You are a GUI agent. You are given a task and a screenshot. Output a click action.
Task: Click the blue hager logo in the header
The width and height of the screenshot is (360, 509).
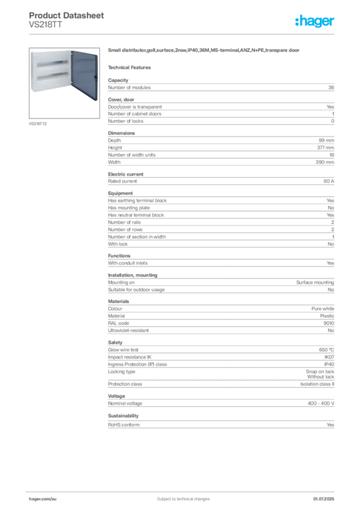315,22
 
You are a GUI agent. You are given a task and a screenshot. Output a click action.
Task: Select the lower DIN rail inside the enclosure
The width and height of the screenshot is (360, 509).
51,75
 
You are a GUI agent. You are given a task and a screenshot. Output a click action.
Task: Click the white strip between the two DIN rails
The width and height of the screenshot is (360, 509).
51,70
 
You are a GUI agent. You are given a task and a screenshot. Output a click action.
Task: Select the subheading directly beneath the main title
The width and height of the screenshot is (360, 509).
132,67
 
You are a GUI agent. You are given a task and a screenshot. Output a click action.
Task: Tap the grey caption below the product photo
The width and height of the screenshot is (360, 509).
38,123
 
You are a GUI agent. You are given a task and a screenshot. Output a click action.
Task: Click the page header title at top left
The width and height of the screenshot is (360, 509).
67,15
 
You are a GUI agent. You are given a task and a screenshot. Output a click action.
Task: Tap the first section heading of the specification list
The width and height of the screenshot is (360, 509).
119,79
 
